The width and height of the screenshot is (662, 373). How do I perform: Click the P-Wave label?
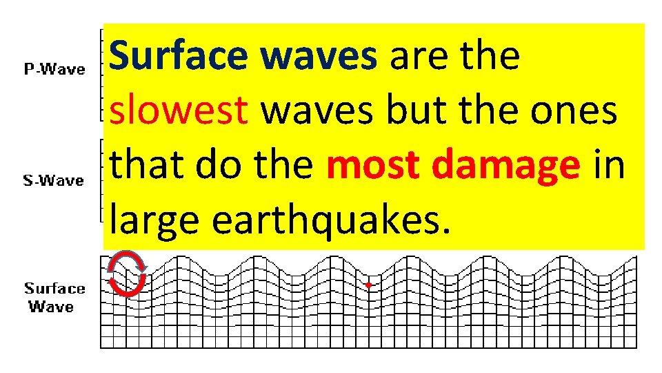(55, 69)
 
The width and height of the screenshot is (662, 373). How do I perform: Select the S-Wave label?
(54, 180)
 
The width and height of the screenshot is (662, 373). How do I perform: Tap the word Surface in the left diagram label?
(55, 289)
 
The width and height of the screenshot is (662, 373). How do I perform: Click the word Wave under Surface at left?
(51, 306)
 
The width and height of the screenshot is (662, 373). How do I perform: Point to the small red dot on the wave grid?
(369, 285)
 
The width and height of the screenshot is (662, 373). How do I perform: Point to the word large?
(155, 220)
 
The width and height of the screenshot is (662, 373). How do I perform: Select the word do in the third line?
(214, 165)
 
